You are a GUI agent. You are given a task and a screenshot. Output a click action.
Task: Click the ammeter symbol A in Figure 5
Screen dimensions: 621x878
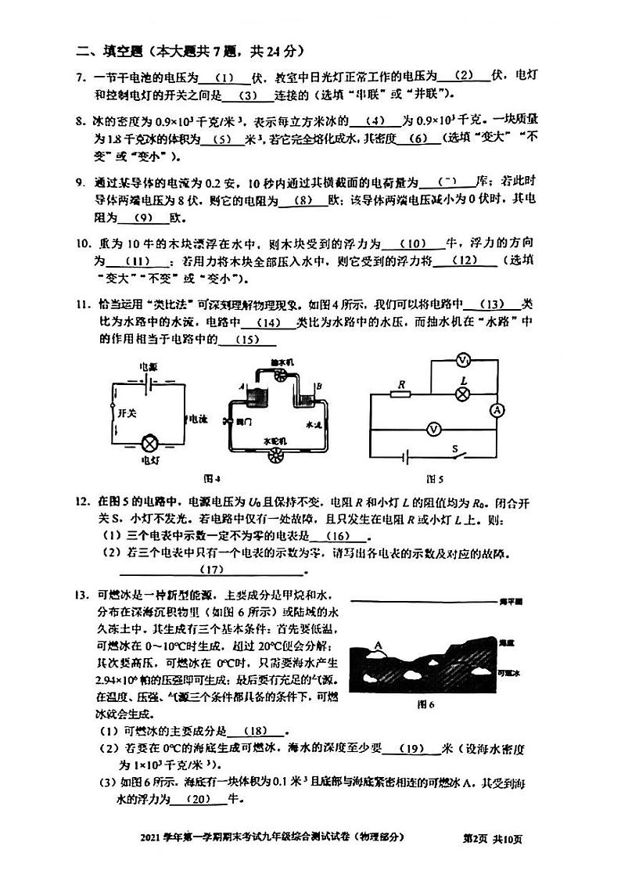494,410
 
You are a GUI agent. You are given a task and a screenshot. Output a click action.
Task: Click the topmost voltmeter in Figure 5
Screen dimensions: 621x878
463,360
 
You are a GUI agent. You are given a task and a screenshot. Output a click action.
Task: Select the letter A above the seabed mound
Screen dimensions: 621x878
379,645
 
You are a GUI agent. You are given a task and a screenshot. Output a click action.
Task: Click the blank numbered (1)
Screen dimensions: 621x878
224,77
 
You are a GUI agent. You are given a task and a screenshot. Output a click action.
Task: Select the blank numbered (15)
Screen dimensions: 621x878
248,340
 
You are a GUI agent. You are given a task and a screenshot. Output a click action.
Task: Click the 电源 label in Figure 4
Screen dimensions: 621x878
148,366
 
